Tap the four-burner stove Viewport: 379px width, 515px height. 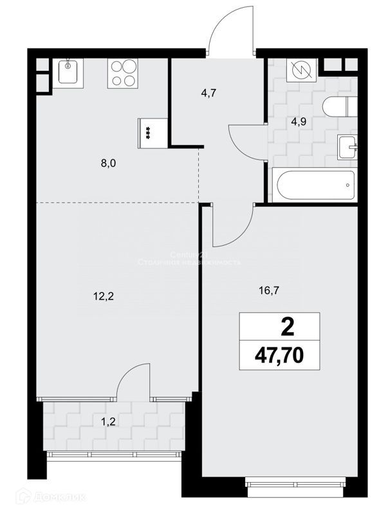click(122, 73)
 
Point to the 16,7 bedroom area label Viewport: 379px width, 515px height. click(270, 290)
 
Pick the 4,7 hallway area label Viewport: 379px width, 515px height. click(208, 93)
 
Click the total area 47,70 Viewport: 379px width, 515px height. click(279, 355)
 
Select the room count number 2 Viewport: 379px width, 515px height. click(287, 328)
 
